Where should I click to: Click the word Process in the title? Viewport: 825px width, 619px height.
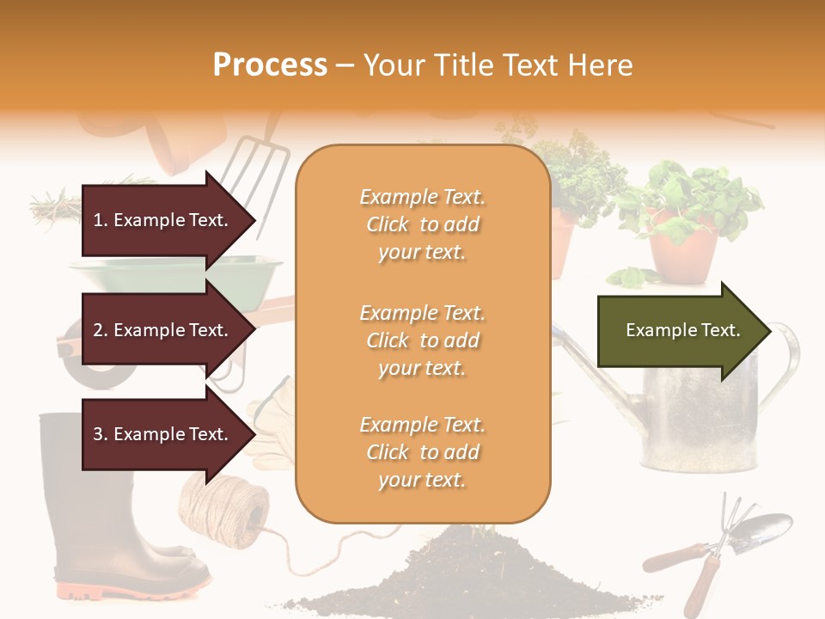pyautogui.click(x=270, y=65)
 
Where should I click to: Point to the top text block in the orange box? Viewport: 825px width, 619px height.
pyautogui.click(x=423, y=224)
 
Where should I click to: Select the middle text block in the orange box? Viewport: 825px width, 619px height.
pyautogui.click(x=423, y=340)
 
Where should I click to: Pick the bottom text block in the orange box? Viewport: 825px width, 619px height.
pyautogui.click(x=423, y=452)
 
